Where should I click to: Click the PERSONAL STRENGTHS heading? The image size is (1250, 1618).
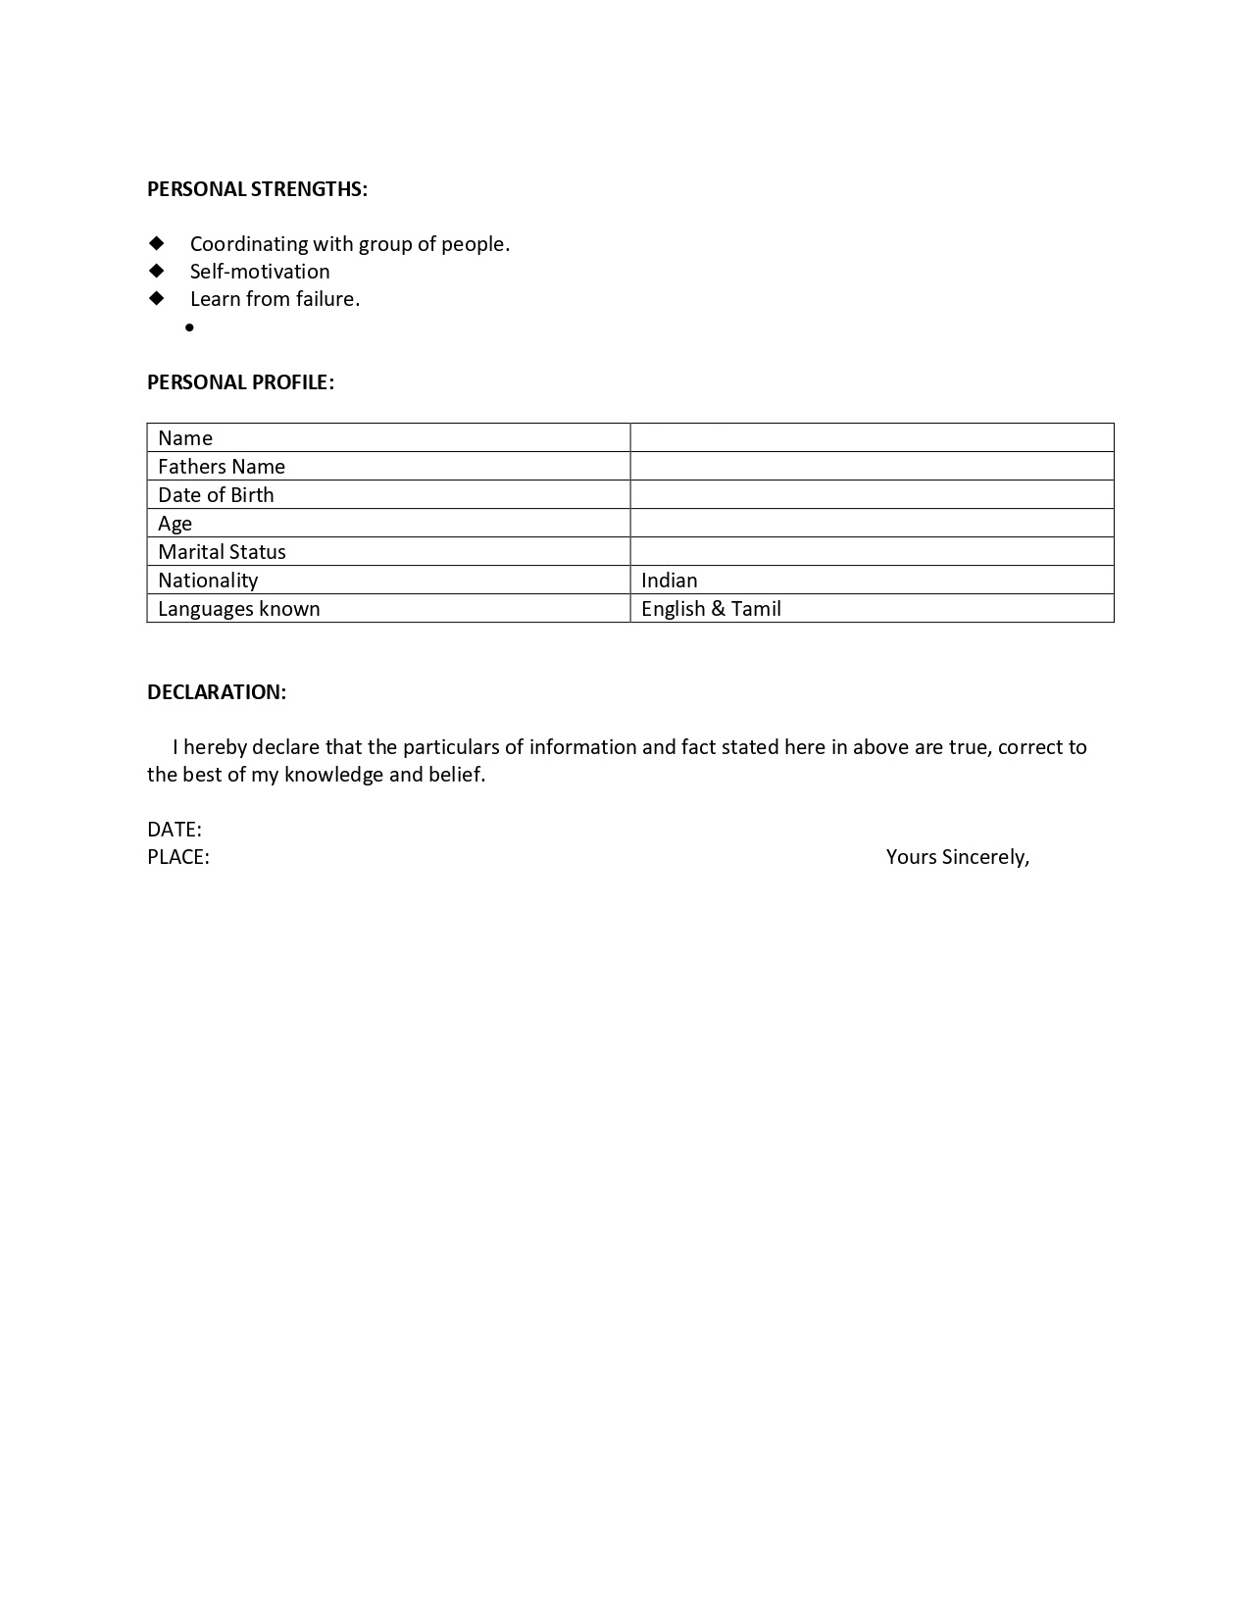tap(257, 189)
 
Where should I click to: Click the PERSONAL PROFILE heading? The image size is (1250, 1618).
tap(240, 382)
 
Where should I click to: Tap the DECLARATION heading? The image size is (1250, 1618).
tap(217, 692)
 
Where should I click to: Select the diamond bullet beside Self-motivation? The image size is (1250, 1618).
tap(157, 271)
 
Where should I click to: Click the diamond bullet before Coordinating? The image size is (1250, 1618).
tap(157, 243)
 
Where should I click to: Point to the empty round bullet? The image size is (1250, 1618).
tap(189, 328)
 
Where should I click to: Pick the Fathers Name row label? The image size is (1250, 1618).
tap(222, 467)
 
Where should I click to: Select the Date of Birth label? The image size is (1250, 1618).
tap(216, 495)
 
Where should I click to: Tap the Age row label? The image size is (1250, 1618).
tap(175, 524)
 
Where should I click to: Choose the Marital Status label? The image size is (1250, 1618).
tap(222, 552)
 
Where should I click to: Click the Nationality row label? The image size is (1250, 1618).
tap(208, 581)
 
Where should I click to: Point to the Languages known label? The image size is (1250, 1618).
tap(239, 609)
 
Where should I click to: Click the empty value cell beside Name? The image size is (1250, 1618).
tap(872, 437)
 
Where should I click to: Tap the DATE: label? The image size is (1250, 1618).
tap(175, 830)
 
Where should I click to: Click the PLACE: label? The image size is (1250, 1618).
tap(178, 857)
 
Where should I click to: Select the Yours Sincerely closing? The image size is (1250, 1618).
tap(957, 857)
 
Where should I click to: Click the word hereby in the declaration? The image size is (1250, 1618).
tap(215, 747)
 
